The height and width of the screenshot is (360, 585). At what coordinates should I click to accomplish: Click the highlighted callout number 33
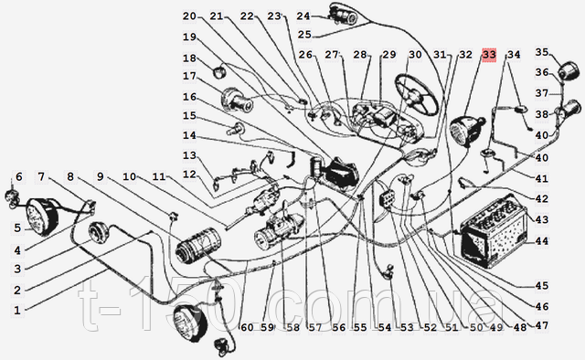coord(489,55)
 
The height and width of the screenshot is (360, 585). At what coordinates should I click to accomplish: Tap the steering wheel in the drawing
coord(417,94)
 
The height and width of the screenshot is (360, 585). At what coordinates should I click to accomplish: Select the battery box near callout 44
coord(494,231)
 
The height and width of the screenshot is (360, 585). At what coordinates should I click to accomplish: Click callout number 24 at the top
coord(303,16)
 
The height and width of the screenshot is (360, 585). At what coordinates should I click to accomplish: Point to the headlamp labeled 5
coord(42,217)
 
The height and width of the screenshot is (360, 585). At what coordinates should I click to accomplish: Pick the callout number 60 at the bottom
coord(247,327)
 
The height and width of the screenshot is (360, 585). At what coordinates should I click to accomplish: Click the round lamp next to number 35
coord(569,69)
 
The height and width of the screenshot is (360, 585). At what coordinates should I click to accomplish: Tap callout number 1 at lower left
coord(17,310)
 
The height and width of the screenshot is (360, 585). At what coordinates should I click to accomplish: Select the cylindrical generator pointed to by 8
coord(198,247)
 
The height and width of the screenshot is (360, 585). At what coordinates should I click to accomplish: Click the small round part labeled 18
coord(219,71)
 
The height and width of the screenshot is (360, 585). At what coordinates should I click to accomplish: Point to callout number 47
coord(542,325)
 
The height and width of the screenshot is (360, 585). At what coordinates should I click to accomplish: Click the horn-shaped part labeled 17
coord(237,100)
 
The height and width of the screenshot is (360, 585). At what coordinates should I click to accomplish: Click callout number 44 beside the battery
coord(542,241)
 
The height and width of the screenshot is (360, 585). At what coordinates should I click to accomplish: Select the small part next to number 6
coord(11,197)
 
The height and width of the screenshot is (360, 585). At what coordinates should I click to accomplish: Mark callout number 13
coord(189,155)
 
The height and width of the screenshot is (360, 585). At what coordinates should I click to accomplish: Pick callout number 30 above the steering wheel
coord(415,55)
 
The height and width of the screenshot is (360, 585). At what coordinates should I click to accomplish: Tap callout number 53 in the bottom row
coord(408,327)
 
